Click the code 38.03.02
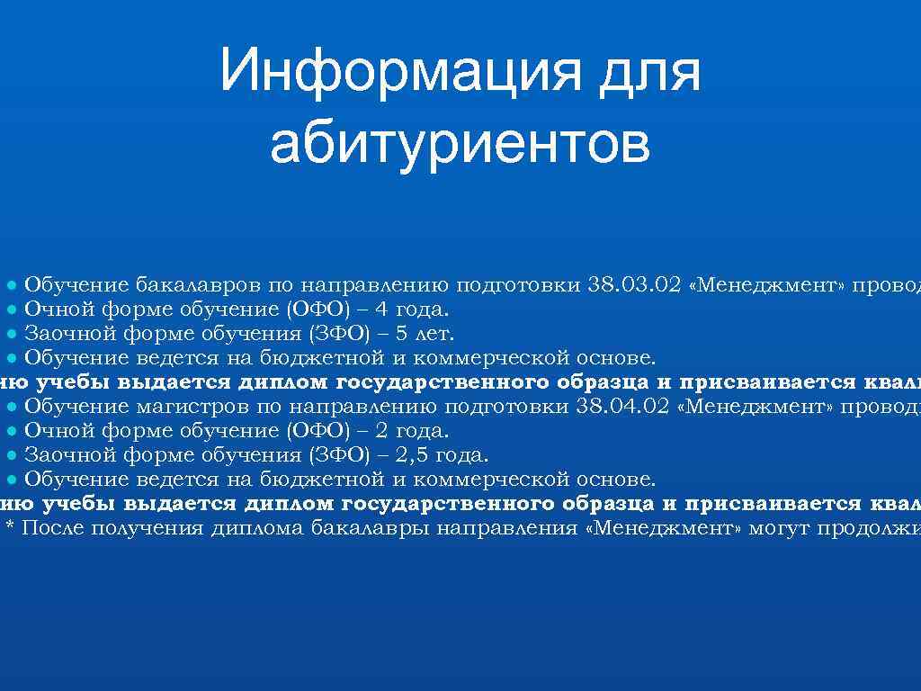632,285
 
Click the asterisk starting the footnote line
11,528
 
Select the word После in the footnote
53,527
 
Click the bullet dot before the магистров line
12,407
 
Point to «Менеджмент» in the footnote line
664,527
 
